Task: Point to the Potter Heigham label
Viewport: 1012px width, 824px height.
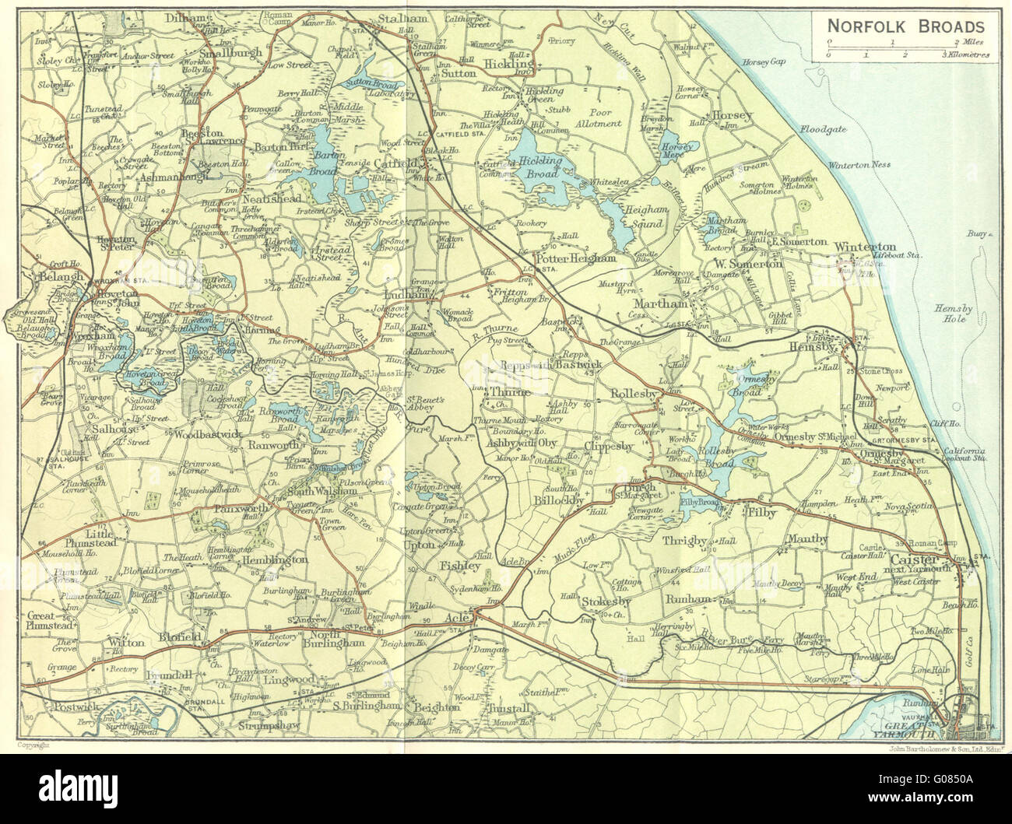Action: coord(577,258)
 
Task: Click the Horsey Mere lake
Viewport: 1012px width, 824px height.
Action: coord(671,152)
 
